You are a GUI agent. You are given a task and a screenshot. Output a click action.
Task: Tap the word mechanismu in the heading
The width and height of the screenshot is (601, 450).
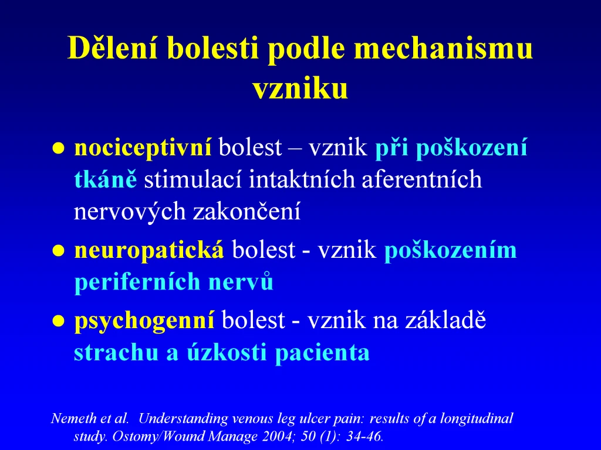[x=443, y=48]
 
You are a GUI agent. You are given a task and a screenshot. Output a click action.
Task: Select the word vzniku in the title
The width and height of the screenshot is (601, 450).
[x=300, y=89]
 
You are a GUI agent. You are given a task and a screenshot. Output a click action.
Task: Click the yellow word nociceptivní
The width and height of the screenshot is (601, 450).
[x=143, y=148]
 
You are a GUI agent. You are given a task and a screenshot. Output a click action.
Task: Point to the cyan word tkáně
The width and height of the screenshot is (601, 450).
[x=106, y=179]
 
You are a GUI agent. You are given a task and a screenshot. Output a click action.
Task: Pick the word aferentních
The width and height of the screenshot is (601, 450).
[x=421, y=179]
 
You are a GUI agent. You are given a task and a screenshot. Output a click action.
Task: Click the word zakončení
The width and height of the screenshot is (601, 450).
[x=247, y=211]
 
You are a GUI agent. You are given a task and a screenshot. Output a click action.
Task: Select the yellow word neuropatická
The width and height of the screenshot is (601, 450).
[x=149, y=250]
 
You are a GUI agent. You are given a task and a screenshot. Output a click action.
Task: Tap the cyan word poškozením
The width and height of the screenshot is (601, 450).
[x=450, y=250]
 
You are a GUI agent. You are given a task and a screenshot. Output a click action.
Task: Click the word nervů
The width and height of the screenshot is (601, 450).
[x=241, y=281]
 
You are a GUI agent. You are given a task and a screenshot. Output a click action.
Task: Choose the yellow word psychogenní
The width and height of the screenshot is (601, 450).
[x=144, y=321]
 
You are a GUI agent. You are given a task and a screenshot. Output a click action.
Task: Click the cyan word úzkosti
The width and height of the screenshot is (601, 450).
[x=227, y=352]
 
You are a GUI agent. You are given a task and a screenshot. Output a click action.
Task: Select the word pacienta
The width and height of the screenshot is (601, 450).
[x=322, y=352]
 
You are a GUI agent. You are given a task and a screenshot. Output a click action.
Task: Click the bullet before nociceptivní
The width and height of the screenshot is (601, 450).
[x=58, y=148]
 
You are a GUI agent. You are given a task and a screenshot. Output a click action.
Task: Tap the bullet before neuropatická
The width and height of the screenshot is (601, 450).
[x=58, y=251]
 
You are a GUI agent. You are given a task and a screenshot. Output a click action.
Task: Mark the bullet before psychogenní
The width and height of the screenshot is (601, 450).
[x=58, y=321]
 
